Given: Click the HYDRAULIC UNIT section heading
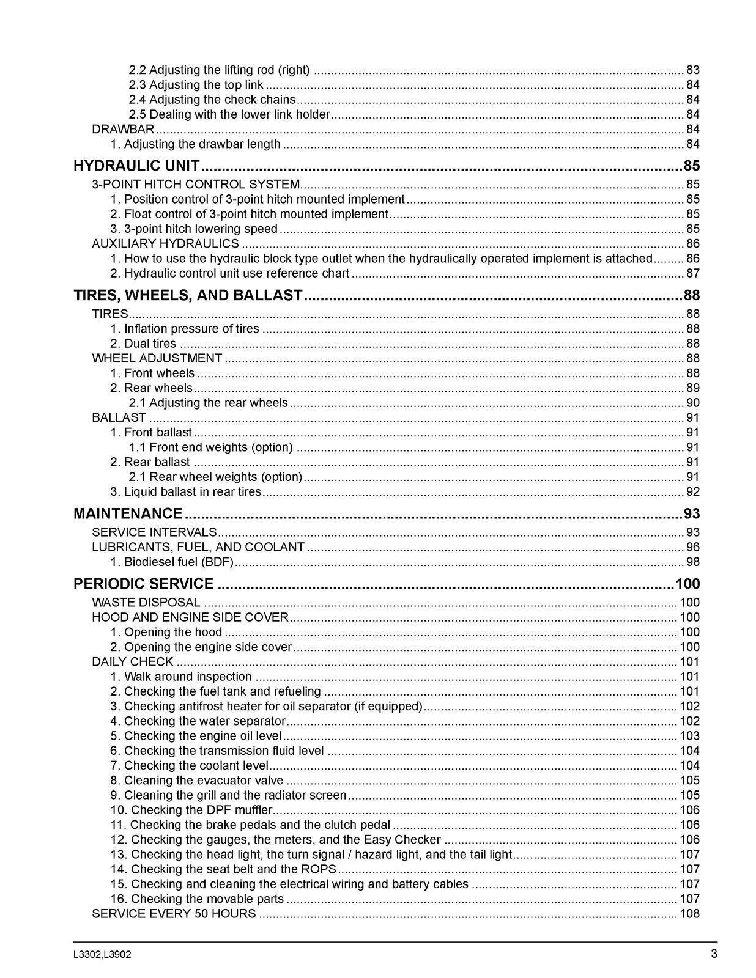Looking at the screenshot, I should pos(136,166).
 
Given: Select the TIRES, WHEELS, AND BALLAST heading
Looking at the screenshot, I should pos(188,295).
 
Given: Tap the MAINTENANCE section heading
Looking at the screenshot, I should pos(128,513).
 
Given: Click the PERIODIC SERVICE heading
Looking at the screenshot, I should pos(144,584).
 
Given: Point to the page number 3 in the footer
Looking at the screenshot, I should pos(714,954).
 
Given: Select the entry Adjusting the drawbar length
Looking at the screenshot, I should pos(196,144).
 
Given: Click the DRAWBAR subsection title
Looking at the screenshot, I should pos(123,130).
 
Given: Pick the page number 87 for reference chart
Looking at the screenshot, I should pos(692,273).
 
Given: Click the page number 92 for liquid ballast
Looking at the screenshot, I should pos(692,491).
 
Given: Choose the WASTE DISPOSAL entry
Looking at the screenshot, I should pos(146,602).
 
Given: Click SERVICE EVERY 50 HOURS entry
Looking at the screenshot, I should pos(174,914).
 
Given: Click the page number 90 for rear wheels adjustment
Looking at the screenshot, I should pos(692,403).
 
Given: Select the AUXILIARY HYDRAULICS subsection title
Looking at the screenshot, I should pos(165,243).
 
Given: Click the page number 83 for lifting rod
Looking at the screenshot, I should pos(692,70).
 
